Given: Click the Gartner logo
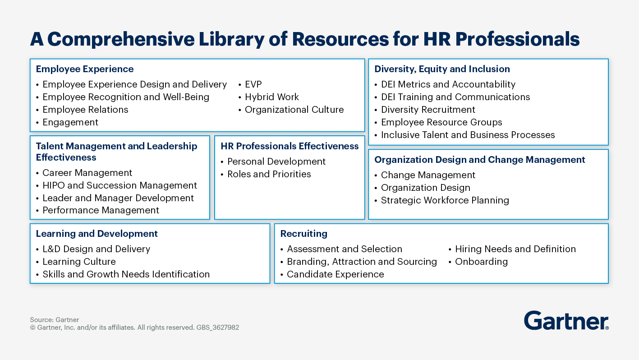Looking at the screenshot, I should click(566, 321).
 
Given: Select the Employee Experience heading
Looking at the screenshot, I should click(85, 69).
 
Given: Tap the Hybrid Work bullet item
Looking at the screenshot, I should click(271, 97).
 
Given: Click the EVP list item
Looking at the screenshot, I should click(253, 84).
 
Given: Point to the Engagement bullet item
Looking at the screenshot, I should click(70, 122).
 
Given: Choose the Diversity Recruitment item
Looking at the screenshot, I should click(428, 110).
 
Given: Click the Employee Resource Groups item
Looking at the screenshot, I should click(441, 122).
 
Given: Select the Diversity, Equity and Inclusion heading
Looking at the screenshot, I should click(442, 69).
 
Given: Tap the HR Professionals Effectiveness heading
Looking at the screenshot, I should click(290, 146).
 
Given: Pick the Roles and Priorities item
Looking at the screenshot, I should click(269, 174).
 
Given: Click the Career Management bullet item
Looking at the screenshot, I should click(87, 173).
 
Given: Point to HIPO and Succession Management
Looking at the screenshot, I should click(120, 185).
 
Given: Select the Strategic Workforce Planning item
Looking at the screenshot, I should click(445, 200).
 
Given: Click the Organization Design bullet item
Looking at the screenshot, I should click(425, 188).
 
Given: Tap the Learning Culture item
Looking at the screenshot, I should click(79, 262).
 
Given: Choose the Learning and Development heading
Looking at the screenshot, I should click(97, 234).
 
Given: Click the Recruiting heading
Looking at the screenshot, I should click(303, 234).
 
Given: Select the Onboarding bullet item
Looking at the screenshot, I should click(481, 262).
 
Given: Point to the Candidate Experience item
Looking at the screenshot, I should click(335, 274).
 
